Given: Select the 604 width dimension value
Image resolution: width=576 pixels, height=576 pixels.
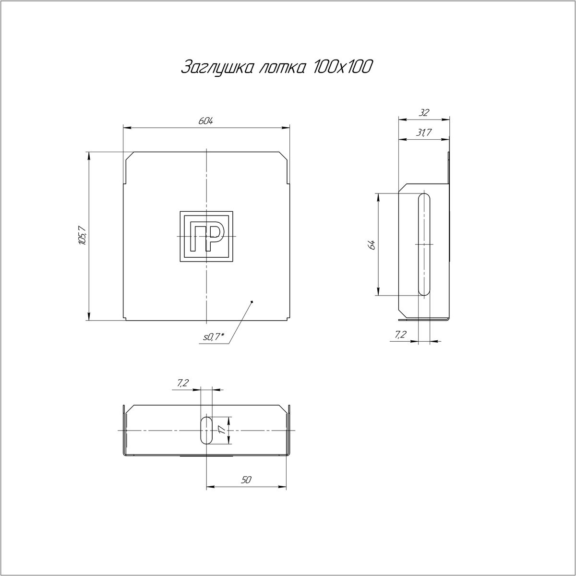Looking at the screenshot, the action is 205,121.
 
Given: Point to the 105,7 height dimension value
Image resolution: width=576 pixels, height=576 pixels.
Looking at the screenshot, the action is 82,236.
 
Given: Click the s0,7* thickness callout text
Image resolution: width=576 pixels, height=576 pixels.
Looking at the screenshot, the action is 214,337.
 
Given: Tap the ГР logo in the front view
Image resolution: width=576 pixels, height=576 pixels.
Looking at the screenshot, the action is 206,237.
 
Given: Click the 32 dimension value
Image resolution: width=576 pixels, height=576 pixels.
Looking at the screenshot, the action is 424,113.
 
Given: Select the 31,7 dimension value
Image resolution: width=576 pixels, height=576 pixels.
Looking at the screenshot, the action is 424,132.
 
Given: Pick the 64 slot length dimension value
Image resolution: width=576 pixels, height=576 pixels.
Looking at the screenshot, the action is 372,244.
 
